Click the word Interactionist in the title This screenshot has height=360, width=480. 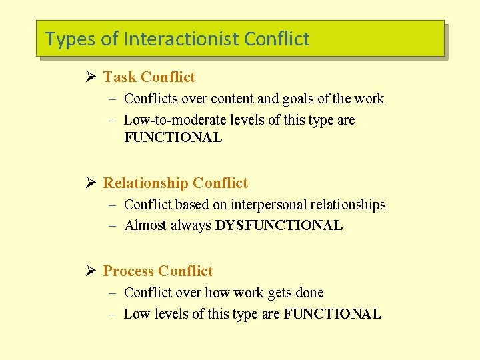click(181, 39)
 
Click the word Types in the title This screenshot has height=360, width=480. click(70, 39)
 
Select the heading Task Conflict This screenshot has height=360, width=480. click(149, 77)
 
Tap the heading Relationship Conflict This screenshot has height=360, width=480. click(175, 183)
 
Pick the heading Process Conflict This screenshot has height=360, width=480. click(158, 271)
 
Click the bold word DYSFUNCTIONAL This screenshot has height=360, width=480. click(279, 226)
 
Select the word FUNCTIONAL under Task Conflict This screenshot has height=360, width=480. click(173, 138)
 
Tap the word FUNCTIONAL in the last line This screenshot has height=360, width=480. click(333, 314)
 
